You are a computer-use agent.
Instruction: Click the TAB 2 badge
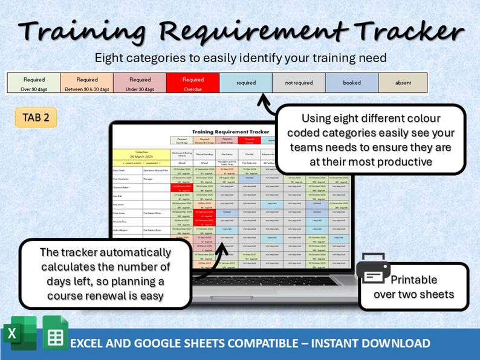[36, 118]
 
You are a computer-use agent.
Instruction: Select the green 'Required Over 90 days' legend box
[34, 83]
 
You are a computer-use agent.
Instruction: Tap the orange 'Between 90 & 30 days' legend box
[87, 83]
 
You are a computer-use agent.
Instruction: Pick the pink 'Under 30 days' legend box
[140, 83]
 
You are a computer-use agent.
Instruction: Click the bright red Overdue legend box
[193, 83]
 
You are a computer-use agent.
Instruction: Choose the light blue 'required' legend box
[245, 83]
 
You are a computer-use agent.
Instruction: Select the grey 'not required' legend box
[299, 83]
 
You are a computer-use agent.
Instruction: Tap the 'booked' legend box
[351, 83]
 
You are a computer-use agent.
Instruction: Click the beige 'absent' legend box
[403, 83]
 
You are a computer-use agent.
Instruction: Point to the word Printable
[414, 280]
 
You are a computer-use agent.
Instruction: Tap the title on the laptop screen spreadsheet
[230, 131]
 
